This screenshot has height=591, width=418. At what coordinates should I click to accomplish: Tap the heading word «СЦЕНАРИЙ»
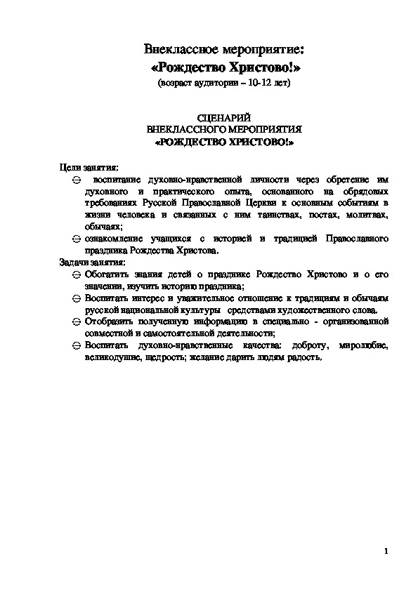[224, 119]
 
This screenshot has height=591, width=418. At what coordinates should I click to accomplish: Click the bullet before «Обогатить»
[77, 274]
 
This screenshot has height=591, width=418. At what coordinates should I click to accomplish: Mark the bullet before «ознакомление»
[77, 239]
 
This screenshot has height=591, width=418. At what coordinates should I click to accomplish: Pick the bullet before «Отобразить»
[77, 322]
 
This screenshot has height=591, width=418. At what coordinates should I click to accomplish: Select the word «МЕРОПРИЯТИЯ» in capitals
[261, 130]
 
